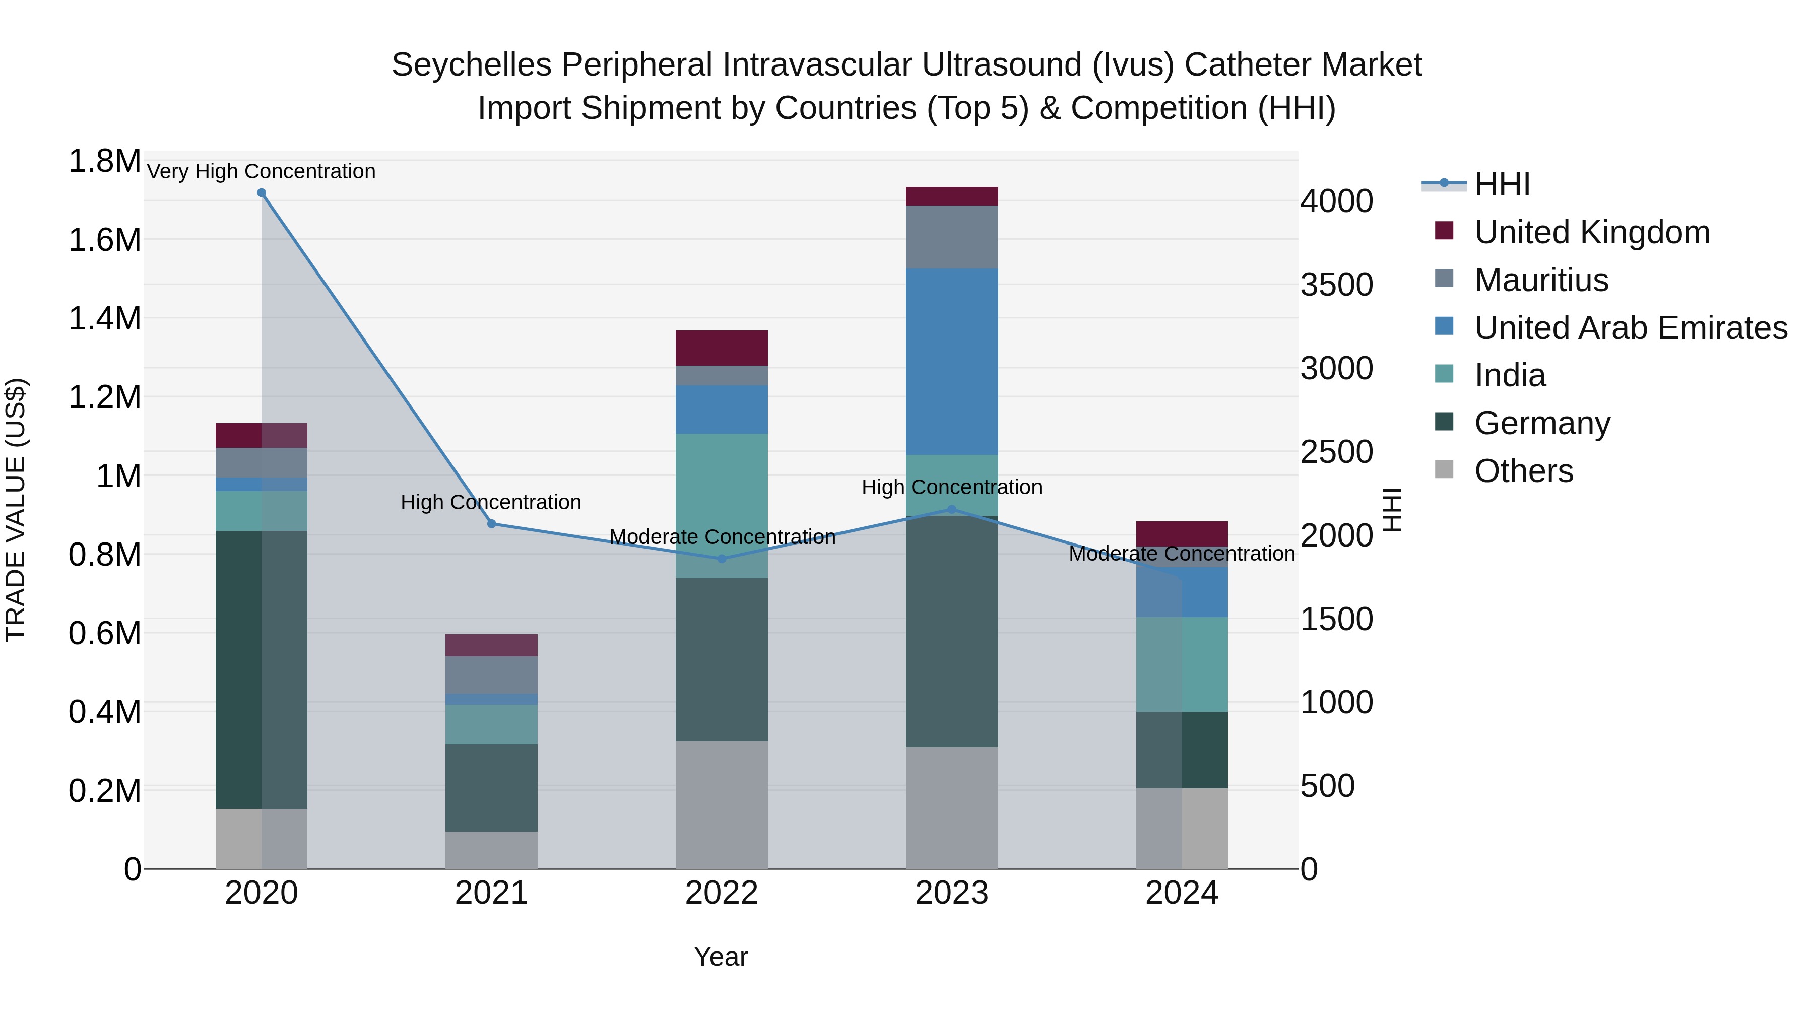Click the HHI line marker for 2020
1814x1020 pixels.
tap(261, 193)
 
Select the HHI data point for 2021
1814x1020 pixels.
tap(491, 524)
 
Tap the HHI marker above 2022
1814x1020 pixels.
tap(721, 559)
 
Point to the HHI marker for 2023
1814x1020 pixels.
tap(951, 509)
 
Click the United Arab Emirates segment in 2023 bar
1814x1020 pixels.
tap(951, 361)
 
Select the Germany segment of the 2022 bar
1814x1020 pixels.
tap(721, 659)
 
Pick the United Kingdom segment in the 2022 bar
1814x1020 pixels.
tap(721, 348)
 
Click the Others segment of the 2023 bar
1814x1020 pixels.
tap(951, 807)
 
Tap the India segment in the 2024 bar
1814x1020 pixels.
tap(1182, 664)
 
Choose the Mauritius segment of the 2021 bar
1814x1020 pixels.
tap(491, 675)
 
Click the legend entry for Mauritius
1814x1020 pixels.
tap(1541, 280)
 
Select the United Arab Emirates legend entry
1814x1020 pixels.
tap(1630, 328)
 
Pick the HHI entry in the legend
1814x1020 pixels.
tap(1502, 184)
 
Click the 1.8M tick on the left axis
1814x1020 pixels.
tap(104, 161)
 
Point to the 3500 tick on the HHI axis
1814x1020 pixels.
tap(1336, 285)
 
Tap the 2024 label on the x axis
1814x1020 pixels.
tap(1182, 893)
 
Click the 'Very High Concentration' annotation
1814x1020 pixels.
tap(261, 171)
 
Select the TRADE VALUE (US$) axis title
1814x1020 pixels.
tap(16, 510)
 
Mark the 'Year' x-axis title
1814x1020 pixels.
tap(721, 957)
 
